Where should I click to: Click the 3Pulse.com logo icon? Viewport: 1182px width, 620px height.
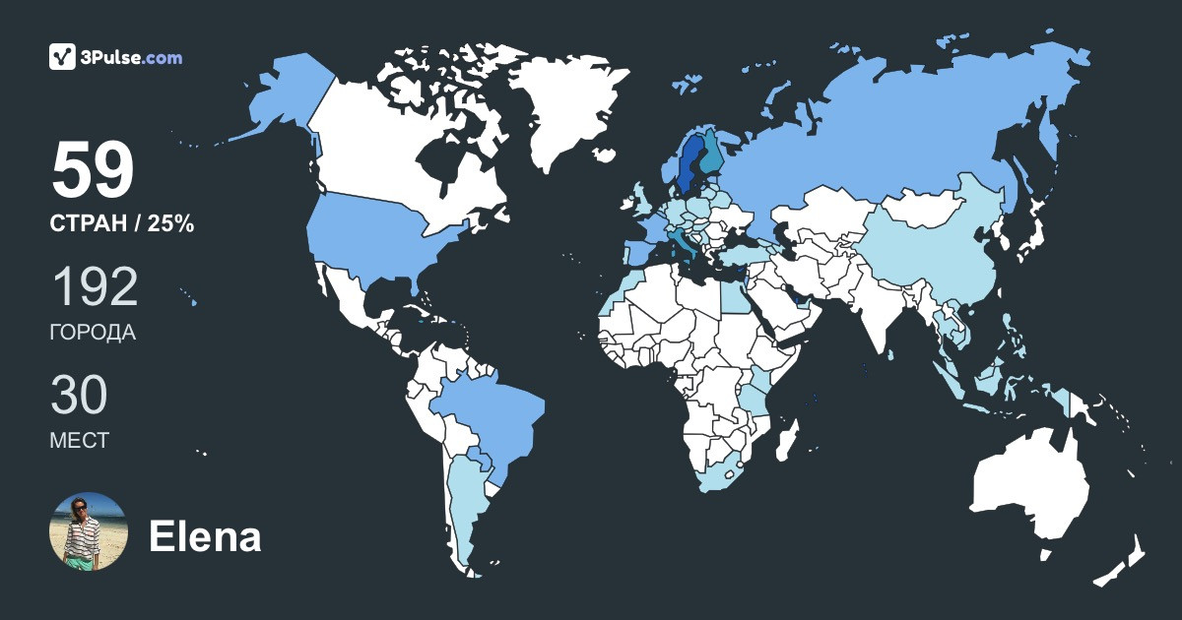click(62, 57)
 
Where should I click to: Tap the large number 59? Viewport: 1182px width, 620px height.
click(93, 171)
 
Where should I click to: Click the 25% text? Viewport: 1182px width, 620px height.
click(170, 224)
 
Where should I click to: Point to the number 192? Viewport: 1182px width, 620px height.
click(94, 287)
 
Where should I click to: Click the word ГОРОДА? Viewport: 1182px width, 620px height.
click(93, 333)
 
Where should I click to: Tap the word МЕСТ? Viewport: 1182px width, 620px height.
click(79, 440)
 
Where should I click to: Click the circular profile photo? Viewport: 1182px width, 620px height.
click(89, 531)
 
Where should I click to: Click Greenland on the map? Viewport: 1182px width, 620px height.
click(566, 108)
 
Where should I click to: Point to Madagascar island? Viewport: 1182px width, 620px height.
click(785, 439)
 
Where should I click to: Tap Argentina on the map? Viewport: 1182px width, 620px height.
click(463, 512)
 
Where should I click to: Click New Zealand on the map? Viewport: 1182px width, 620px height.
click(1123, 561)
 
